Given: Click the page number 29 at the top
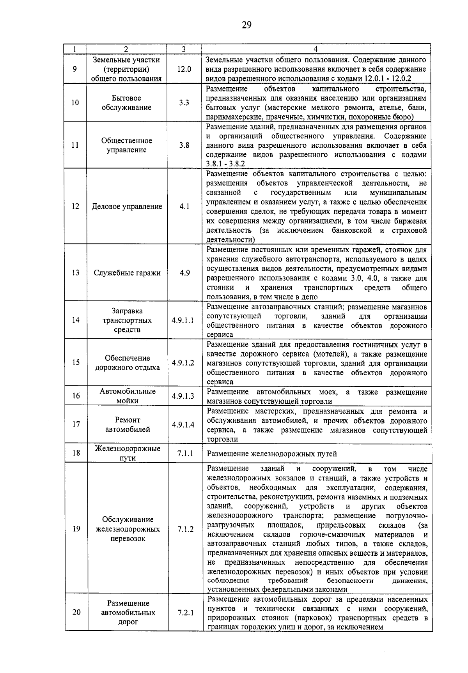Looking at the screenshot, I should pos(246,25).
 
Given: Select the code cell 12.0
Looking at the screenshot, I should pos(184,69).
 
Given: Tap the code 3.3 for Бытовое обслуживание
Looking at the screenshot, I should pos(184,103).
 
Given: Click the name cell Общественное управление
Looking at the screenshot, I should pos(127,145).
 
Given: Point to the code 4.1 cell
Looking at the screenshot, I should pos(184,206).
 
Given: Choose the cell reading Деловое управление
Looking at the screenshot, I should pos(127,207).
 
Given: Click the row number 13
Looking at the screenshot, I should pos(76,272).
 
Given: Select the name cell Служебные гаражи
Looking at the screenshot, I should pos(127,273).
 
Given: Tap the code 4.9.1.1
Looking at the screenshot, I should pos(183,320).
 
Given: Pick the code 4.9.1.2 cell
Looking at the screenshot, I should pos(183,362).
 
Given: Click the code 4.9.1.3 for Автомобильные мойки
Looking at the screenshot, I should pos(183,396).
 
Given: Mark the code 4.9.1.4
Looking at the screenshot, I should pos(183,425).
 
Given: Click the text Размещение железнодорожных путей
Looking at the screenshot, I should pos(272,454).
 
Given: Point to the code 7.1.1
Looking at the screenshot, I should pos(185,453).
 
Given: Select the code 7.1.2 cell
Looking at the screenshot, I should pos(185,529).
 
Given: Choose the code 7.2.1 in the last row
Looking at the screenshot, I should pos(186,612).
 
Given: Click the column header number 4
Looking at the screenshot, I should pos(316,49).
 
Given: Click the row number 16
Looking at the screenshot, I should pos(76,396).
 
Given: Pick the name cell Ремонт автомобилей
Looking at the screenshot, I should pos(128,425).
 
